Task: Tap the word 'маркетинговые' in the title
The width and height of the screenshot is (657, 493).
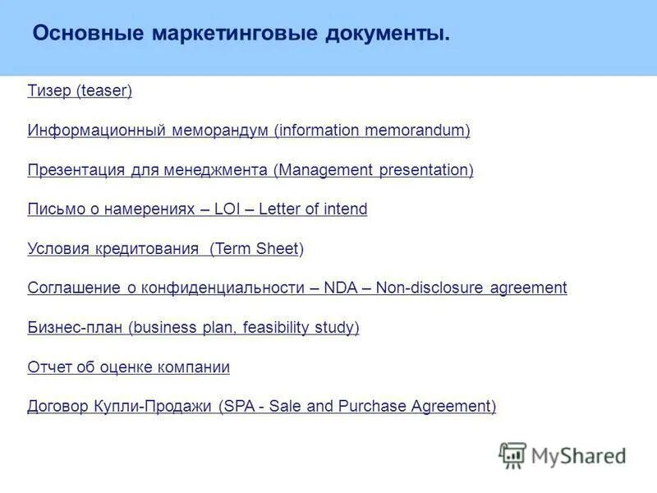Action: coord(235,34)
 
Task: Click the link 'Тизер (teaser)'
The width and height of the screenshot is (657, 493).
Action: coord(80,91)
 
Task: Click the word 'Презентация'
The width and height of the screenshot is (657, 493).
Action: coord(76,170)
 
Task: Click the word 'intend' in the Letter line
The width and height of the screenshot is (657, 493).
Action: coord(345,210)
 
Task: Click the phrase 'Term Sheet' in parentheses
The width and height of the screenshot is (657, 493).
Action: coord(255,249)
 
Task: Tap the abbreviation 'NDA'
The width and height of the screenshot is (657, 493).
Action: coord(340,288)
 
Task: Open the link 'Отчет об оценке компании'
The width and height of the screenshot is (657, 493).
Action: coord(128,367)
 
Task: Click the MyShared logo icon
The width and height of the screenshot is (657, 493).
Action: coord(512,454)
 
